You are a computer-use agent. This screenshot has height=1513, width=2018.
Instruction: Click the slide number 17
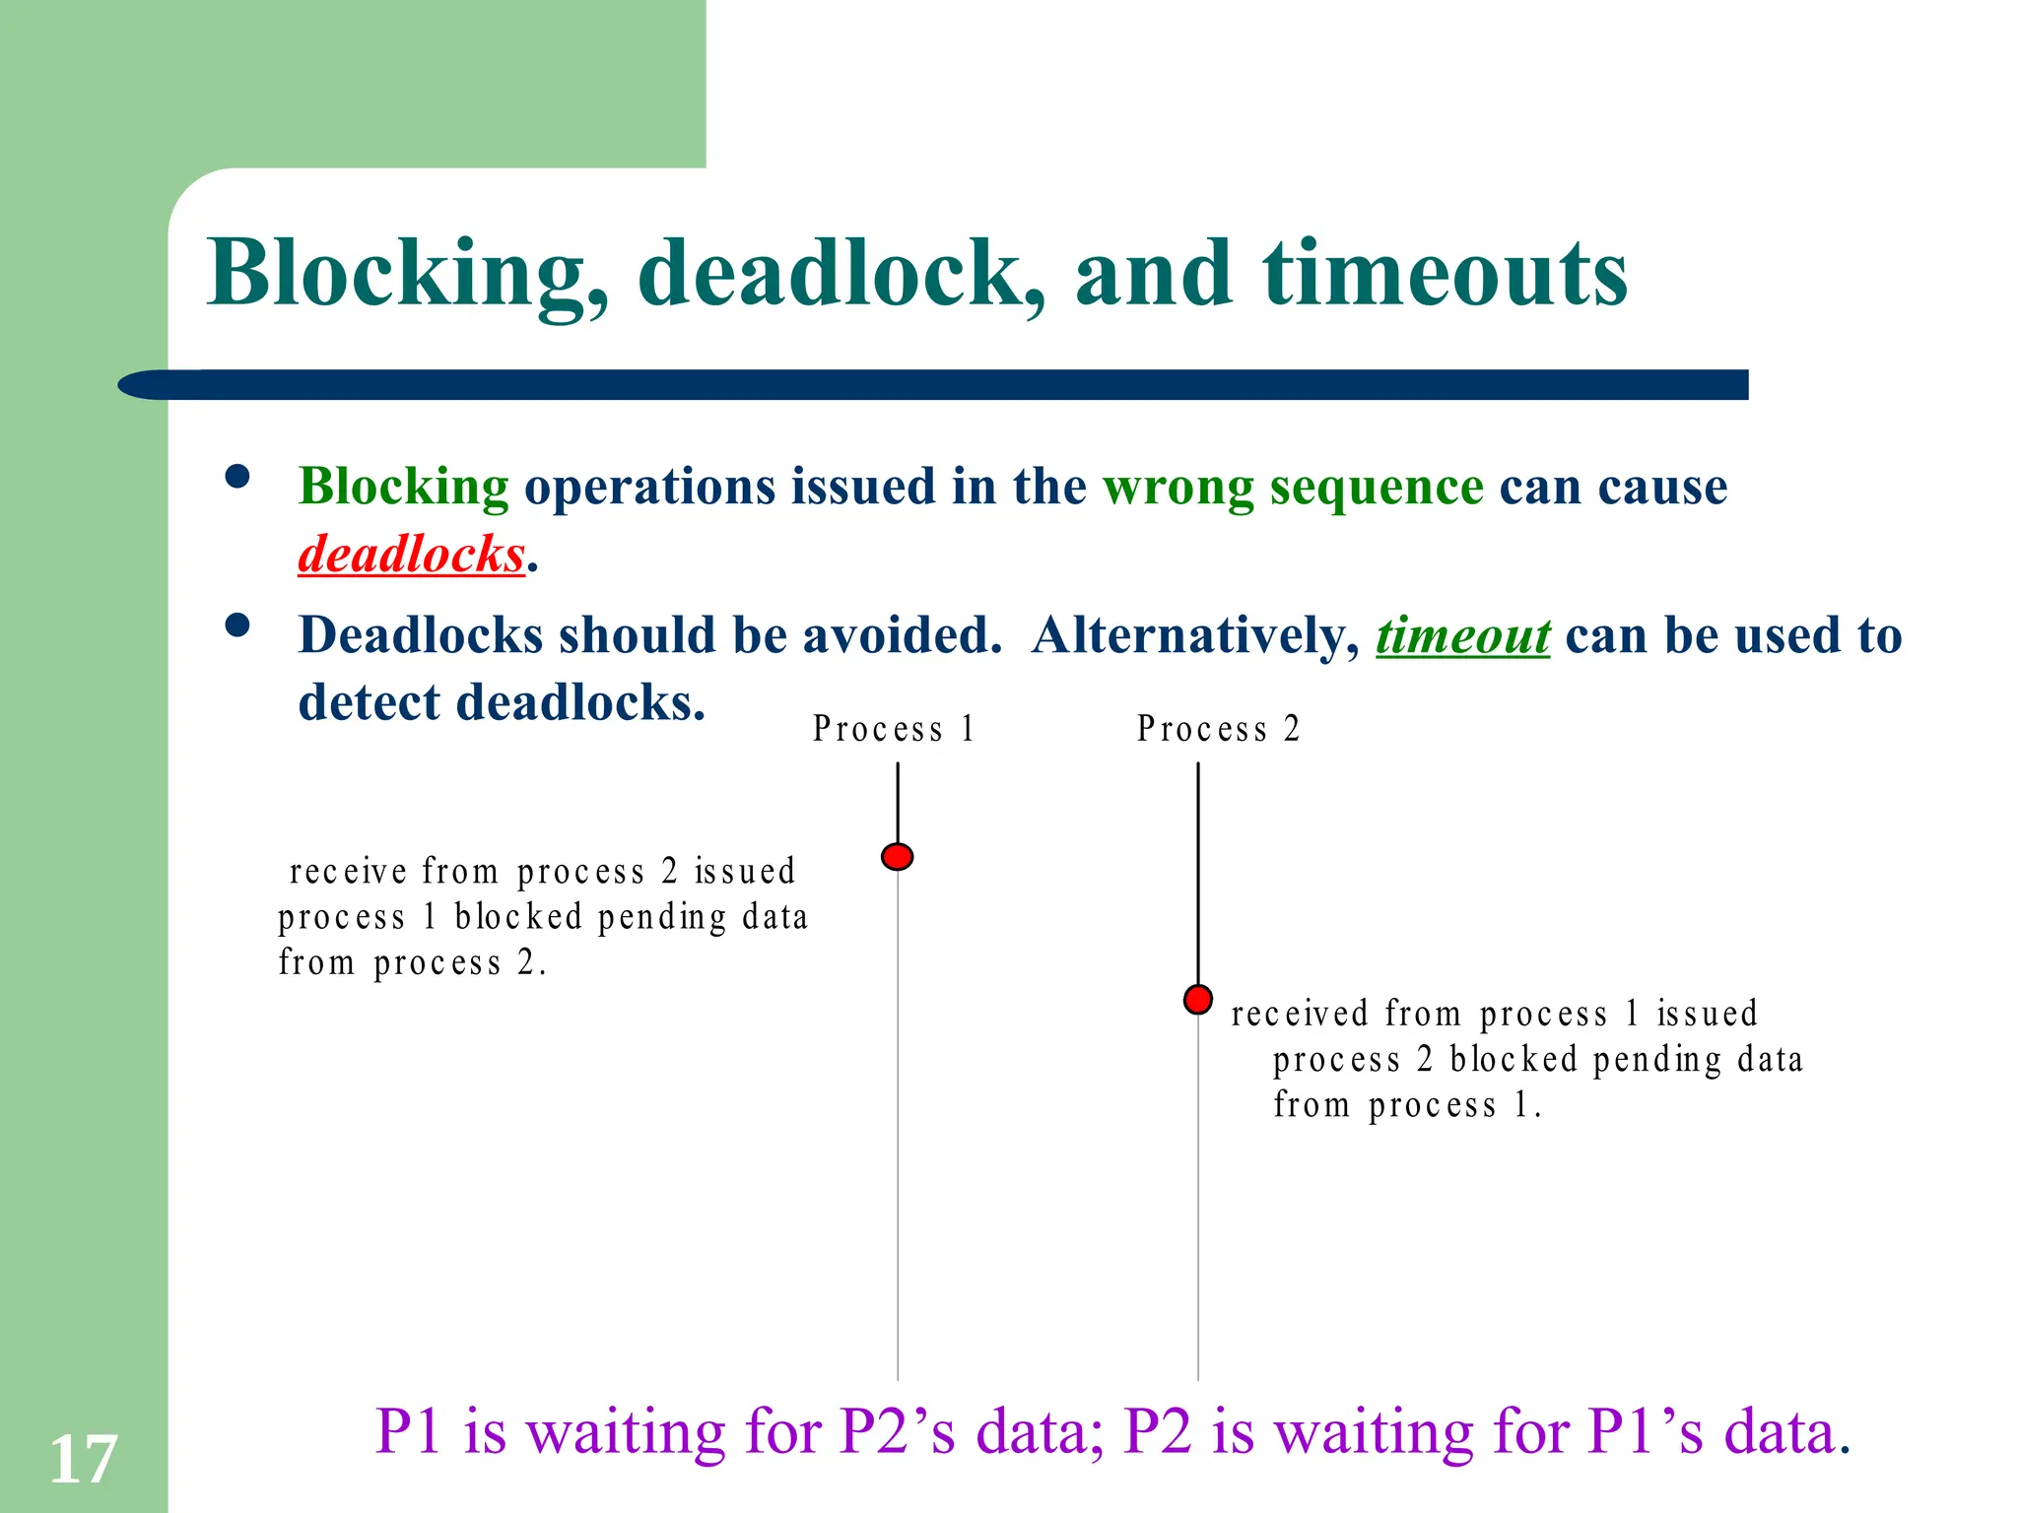pyautogui.click(x=83, y=1460)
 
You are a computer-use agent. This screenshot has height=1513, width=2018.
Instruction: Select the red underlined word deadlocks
pyautogui.click(x=411, y=555)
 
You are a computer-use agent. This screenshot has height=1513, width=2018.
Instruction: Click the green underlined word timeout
pyautogui.click(x=1462, y=636)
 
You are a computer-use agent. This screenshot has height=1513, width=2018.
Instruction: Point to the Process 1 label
pyautogui.click(x=893, y=729)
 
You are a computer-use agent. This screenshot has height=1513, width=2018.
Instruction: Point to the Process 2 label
pyautogui.click(x=1218, y=729)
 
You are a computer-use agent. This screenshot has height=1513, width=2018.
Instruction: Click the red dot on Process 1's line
pyautogui.click(x=897, y=857)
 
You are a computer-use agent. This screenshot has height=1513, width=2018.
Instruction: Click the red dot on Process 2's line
pyautogui.click(x=1197, y=1000)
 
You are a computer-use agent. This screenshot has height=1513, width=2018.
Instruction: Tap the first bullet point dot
pyautogui.click(x=237, y=478)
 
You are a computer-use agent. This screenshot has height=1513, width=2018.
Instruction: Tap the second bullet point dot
pyautogui.click(x=237, y=625)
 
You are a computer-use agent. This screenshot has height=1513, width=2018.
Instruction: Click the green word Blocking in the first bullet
pyautogui.click(x=403, y=488)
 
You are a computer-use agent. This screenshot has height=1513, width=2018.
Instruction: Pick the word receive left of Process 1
pyautogui.click(x=348, y=872)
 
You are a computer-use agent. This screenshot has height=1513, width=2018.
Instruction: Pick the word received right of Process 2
pyautogui.click(x=1299, y=1014)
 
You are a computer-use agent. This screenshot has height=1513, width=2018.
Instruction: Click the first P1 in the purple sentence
pyautogui.click(x=407, y=1432)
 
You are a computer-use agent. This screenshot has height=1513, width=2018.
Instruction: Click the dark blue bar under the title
pyautogui.click(x=936, y=385)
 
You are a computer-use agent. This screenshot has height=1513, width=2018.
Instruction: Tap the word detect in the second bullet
pyautogui.click(x=370, y=703)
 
